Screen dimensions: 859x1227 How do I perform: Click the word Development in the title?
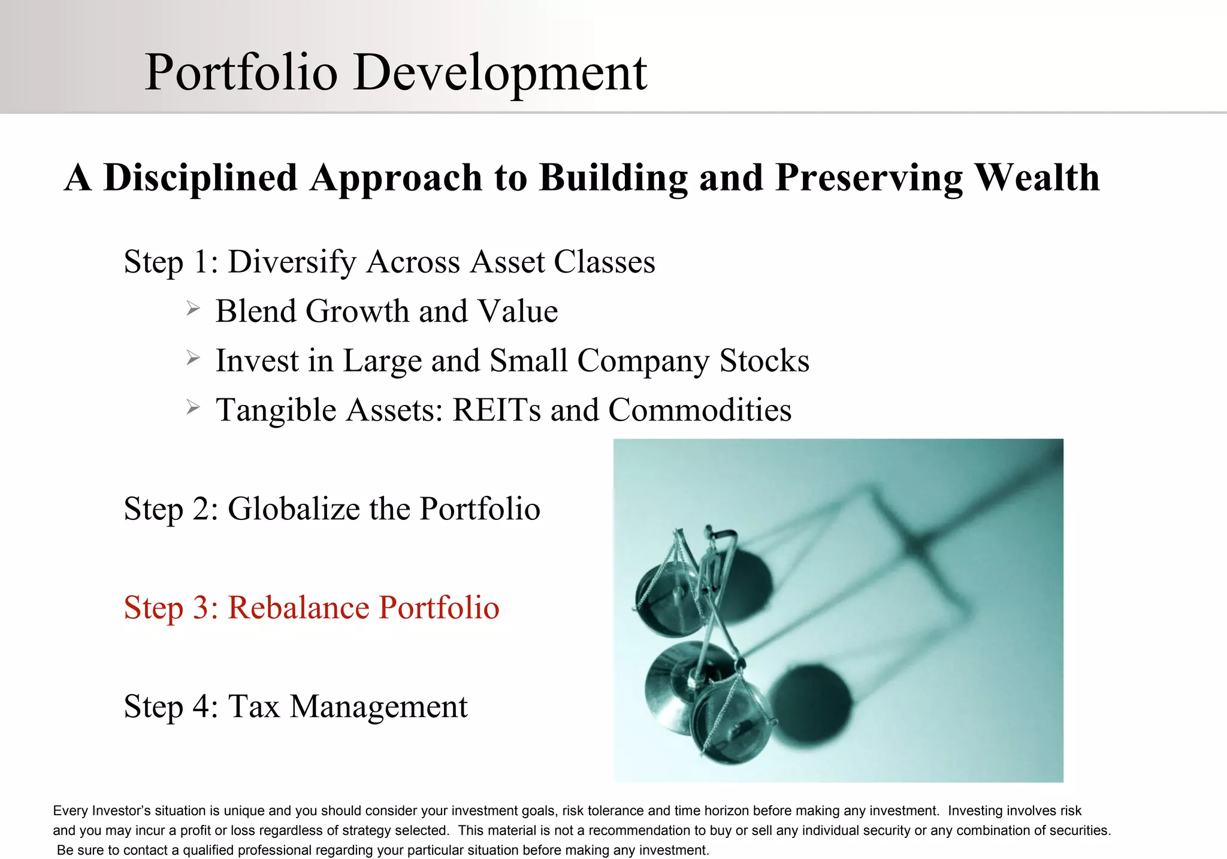click(x=500, y=73)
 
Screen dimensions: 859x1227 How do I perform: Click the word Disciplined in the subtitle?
click(x=201, y=178)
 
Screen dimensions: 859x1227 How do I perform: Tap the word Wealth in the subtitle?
click(x=1036, y=178)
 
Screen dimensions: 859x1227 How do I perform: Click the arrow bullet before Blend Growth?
click(x=192, y=309)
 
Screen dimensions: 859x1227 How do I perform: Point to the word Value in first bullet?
click(x=518, y=311)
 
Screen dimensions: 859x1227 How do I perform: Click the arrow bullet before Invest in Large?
click(x=192, y=358)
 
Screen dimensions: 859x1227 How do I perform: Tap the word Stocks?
click(x=764, y=361)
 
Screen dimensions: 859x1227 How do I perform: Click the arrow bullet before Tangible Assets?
click(x=192, y=408)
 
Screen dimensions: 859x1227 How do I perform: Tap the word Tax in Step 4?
click(x=254, y=707)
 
